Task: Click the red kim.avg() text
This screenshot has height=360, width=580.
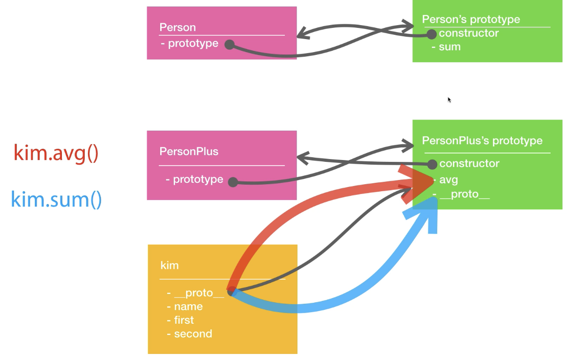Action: pos(56,153)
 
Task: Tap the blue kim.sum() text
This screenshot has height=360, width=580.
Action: pos(56,200)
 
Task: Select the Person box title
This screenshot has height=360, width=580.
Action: pos(177,27)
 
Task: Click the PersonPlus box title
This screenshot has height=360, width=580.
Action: pos(189,152)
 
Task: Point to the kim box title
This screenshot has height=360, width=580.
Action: pos(169,265)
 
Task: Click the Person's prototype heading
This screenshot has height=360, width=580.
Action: pos(471,20)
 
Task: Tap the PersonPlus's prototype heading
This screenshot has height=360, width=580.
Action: pos(482,140)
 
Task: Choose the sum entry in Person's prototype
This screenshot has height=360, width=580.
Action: pos(450,47)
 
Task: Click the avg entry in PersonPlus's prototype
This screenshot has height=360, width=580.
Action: pos(448,180)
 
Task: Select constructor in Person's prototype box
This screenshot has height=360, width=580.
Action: pos(469,33)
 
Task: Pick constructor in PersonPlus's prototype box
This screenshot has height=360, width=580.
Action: pos(469,164)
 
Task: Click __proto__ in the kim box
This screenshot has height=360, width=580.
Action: pos(199,293)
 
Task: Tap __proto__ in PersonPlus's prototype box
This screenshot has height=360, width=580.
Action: pos(465,194)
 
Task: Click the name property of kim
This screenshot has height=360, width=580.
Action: pos(188,307)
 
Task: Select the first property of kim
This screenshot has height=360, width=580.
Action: pos(184,320)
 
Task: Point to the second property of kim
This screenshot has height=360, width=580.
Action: pos(193,334)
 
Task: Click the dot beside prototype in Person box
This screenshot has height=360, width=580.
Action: pos(229,45)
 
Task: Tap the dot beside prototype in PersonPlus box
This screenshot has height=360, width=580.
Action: pos(233,182)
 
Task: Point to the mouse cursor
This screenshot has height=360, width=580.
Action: pos(449,100)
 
